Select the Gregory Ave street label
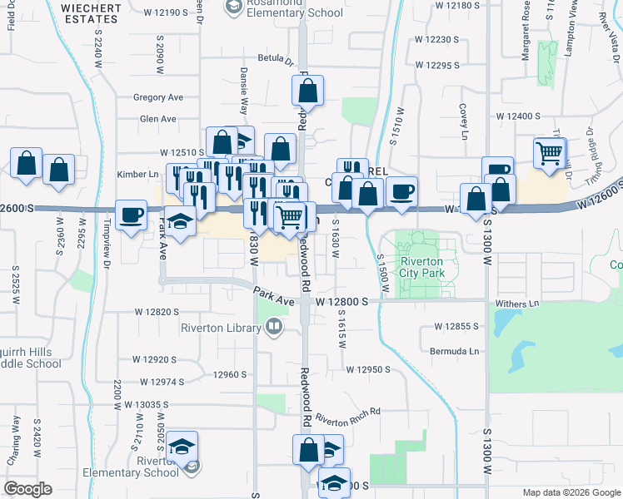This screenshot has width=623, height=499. click(158, 97)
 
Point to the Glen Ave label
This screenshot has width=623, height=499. click(158, 119)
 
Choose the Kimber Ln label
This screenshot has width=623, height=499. click(137, 175)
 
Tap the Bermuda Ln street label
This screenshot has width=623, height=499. click(455, 352)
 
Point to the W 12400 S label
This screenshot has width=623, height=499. click(518, 117)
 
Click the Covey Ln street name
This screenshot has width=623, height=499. click(462, 122)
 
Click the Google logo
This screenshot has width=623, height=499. click(27, 489)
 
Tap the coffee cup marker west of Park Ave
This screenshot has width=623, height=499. click(132, 215)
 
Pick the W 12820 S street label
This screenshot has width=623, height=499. click(157, 312)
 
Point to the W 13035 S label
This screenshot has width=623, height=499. click(146, 404)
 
